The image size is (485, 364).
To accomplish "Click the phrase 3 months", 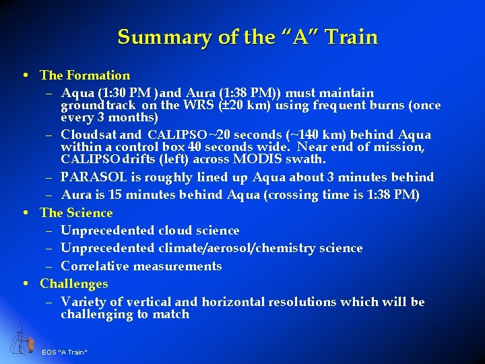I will point(127,117).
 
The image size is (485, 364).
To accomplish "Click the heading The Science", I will point(76,213).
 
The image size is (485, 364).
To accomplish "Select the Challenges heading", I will point(73,284).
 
